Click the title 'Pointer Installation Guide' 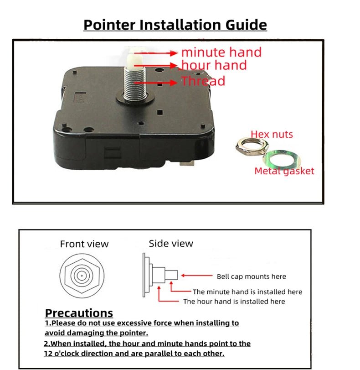point(175,25)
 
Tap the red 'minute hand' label point(221,52)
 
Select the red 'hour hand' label point(214,65)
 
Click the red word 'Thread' point(203,81)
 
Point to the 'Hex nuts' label point(272,134)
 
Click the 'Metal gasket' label point(284,171)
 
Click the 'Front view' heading point(84,244)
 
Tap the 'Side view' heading point(171,244)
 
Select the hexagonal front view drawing point(81,276)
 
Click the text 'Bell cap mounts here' point(251,276)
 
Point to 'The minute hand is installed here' point(247,292)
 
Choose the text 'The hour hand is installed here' point(234,302)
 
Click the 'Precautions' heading point(79,313)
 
